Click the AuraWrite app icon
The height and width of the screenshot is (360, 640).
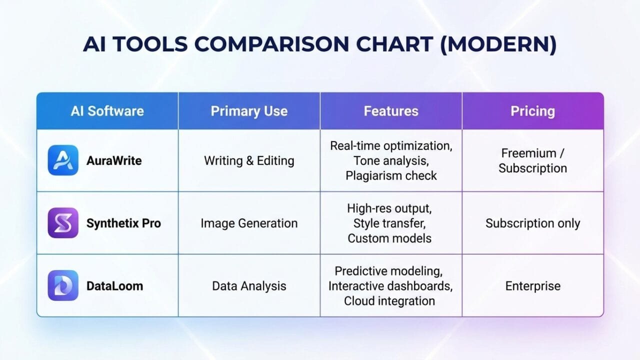coord(63,160)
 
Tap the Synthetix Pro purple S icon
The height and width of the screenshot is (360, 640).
coord(63,223)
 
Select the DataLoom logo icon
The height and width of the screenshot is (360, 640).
coord(63,285)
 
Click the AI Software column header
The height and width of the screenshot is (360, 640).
coord(107,111)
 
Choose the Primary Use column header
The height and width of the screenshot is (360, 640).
coord(249,111)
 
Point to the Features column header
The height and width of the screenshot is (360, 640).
coord(391,111)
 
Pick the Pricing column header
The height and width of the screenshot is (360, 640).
coord(532,111)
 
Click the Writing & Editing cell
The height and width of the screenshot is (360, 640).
coord(249,160)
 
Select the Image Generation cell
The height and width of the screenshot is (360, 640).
coord(249,223)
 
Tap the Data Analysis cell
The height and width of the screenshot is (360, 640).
coord(249,286)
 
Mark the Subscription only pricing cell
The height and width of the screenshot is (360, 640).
coord(532,223)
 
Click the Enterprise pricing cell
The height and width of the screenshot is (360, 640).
coord(533,286)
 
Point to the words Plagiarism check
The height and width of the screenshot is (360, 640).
coord(391,175)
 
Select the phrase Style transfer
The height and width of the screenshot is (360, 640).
coord(389,223)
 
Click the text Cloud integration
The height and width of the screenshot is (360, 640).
coord(389,301)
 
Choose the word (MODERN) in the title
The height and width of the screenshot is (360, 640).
coord(498,44)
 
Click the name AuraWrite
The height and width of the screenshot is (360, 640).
coord(114,160)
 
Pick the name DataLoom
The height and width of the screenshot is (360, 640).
coord(114,286)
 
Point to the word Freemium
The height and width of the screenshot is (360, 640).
coord(528,153)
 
